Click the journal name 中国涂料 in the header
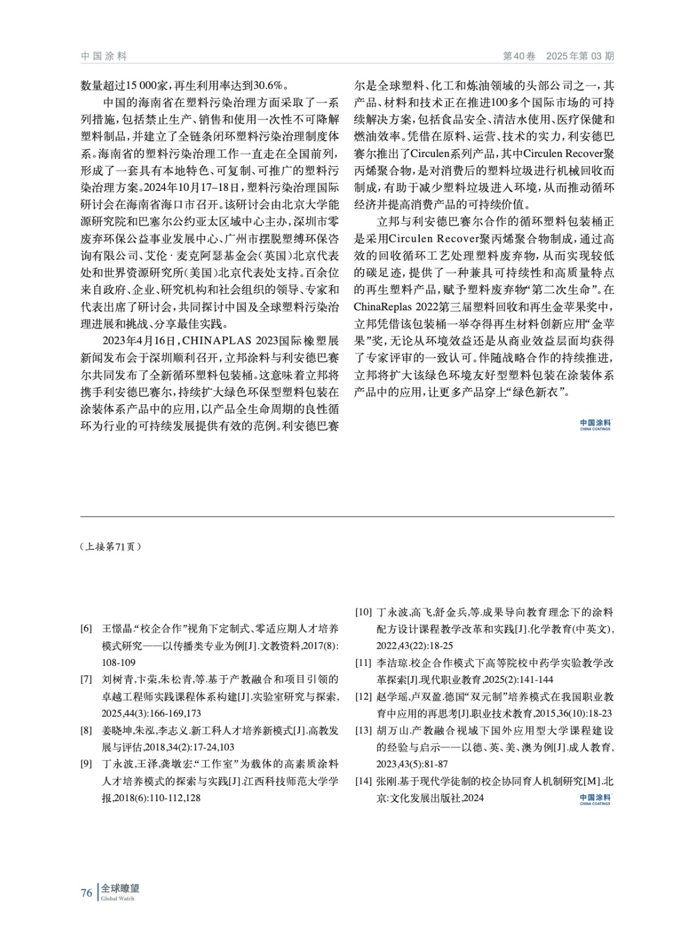[104, 56]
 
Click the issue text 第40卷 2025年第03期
[559, 56]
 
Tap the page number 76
[86, 892]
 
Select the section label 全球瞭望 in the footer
[120, 888]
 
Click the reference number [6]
[86, 629]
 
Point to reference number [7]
[86, 680]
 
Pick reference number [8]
[86, 731]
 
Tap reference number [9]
[86, 764]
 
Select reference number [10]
[364, 613]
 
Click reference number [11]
[364, 663]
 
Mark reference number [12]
[364, 697]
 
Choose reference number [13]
[364, 731]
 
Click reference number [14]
[364, 781]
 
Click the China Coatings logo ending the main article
[595, 425]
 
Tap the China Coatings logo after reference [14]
[595, 799]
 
